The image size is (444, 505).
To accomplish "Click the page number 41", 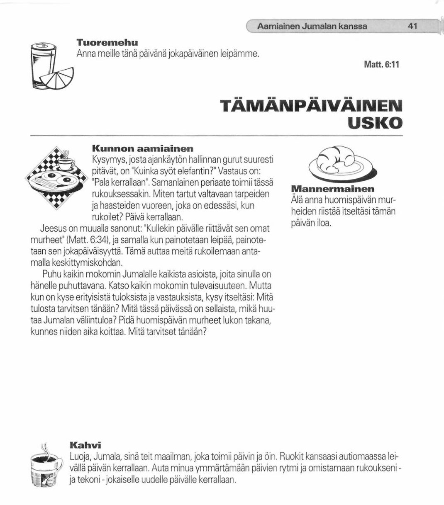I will (412, 26).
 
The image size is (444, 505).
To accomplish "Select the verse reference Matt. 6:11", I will (382, 66).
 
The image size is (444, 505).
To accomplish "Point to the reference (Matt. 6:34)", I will (87, 240).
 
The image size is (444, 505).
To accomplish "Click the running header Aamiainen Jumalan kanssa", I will (312, 26).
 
